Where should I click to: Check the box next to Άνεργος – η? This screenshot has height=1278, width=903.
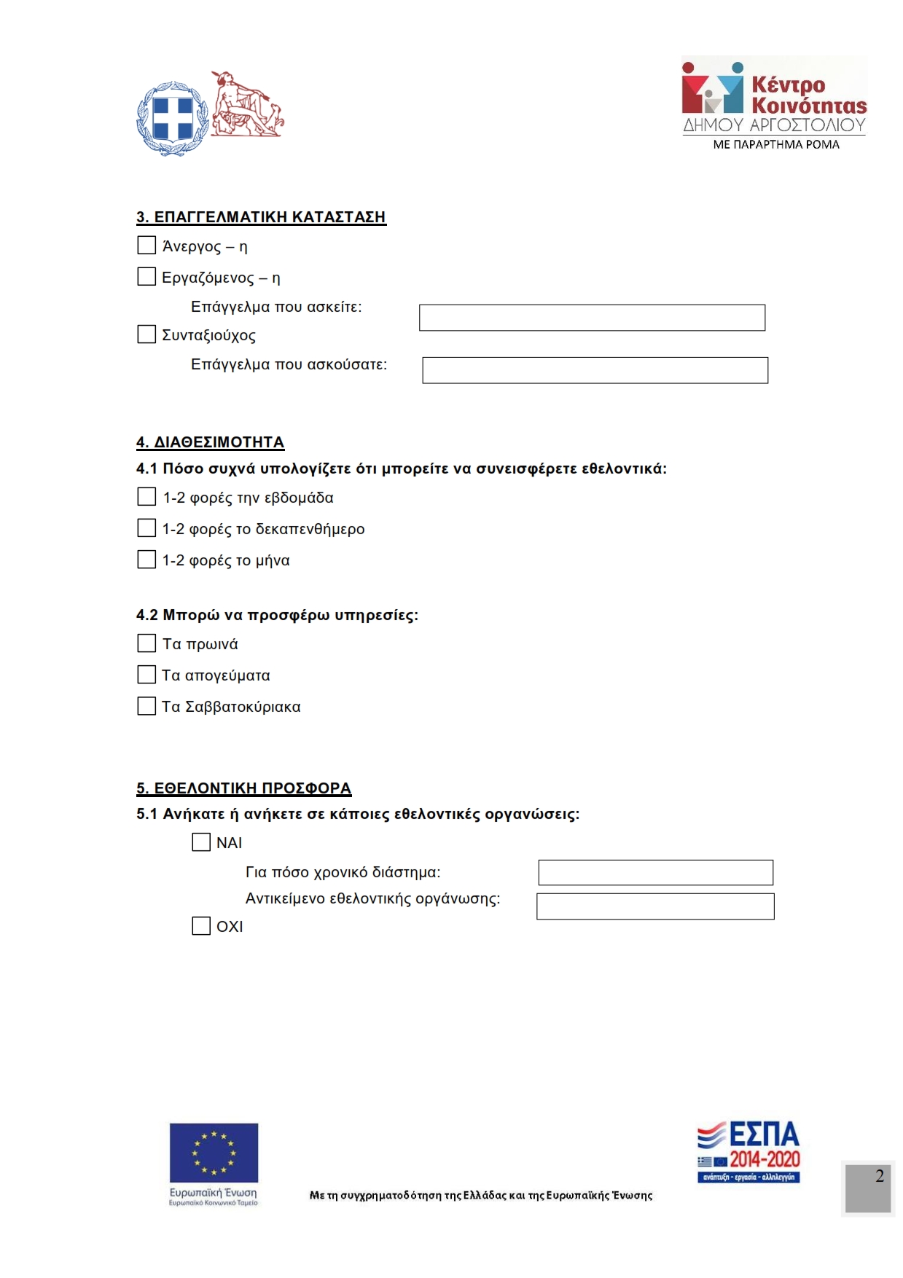click(x=146, y=245)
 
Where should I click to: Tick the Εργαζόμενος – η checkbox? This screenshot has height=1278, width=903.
click(x=146, y=276)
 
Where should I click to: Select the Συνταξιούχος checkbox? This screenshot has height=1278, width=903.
click(x=146, y=334)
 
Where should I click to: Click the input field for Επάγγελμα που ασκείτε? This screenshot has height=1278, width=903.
click(x=592, y=318)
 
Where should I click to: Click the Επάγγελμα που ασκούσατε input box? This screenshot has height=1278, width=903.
click(x=595, y=370)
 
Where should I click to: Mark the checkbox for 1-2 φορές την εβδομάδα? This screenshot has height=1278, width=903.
click(x=146, y=496)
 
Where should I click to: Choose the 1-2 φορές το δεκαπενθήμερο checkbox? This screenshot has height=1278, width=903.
click(x=146, y=528)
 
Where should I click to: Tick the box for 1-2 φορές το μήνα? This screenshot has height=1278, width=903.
click(x=146, y=559)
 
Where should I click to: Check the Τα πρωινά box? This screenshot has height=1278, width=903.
click(x=146, y=643)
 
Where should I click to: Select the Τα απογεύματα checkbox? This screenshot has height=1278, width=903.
click(x=146, y=674)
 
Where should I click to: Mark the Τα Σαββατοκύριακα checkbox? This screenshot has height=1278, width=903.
click(x=146, y=705)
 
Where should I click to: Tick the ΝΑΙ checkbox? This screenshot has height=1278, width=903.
click(x=201, y=842)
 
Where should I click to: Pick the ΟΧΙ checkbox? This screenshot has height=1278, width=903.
click(x=201, y=925)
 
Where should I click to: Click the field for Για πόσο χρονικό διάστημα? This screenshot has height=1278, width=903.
click(x=655, y=872)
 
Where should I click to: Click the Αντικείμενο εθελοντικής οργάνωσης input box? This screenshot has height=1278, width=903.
click(x=655, y=906)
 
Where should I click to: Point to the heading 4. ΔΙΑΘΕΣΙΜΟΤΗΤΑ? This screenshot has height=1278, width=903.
click(x=210, y=442)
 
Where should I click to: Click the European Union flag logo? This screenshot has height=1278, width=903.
click(x=214, y=1152)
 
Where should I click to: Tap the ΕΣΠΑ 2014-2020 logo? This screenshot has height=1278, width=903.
click(x=748, y=1151)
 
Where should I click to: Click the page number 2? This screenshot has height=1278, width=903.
click(x=879, y=1176)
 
